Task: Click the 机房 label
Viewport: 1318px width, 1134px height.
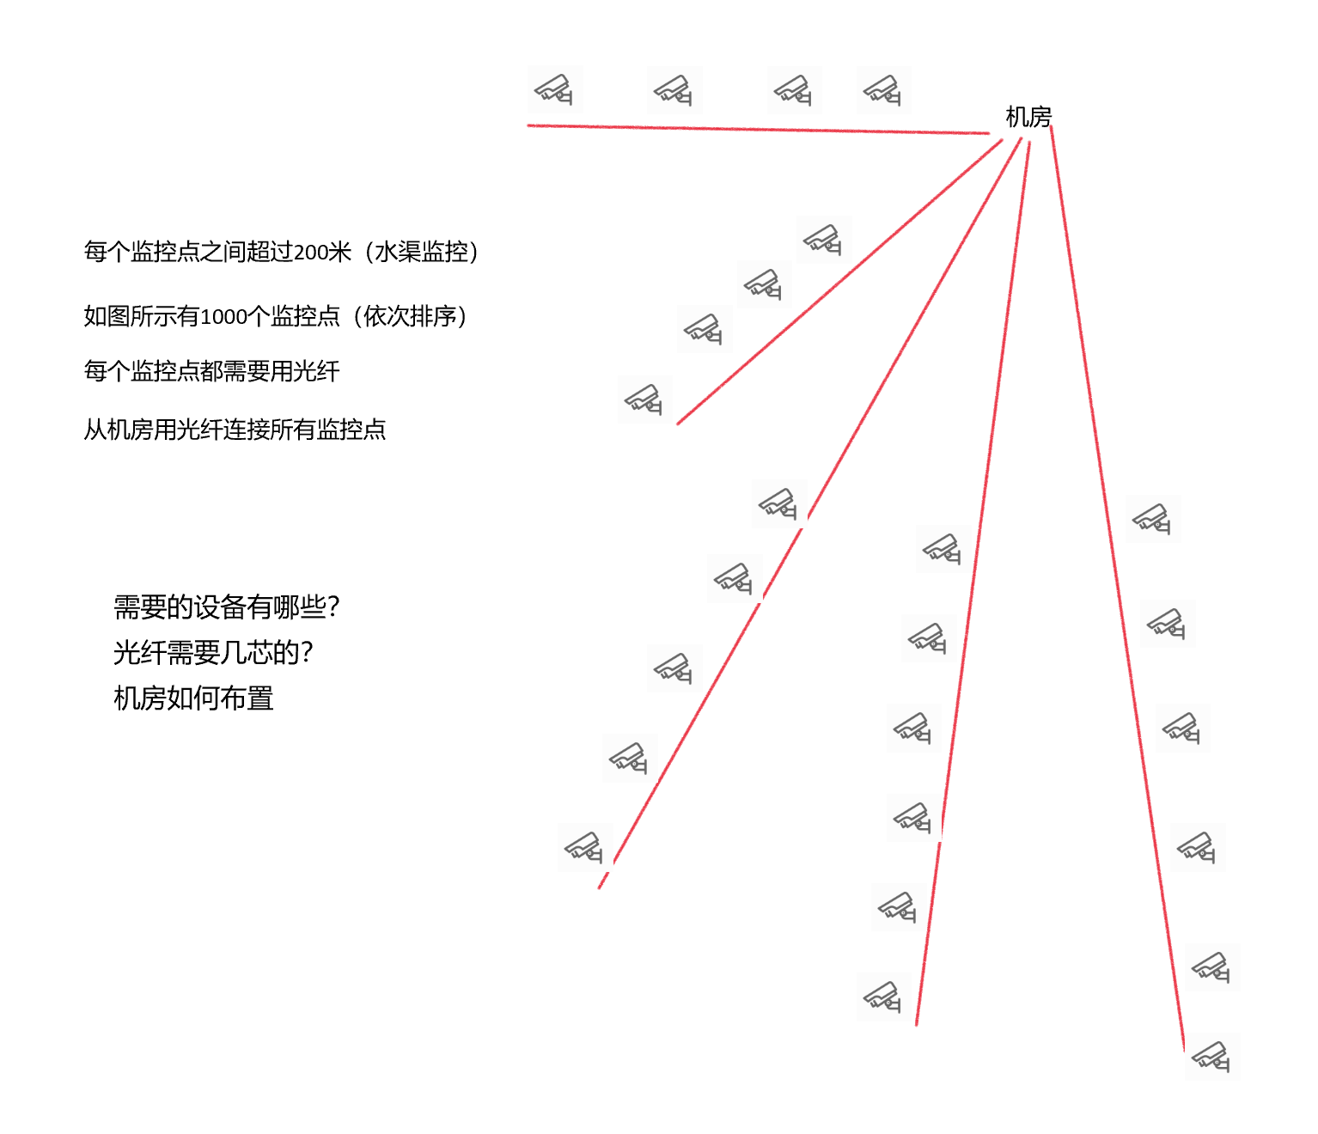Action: (1028, 117)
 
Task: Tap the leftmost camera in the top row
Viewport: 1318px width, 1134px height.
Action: (555, 89)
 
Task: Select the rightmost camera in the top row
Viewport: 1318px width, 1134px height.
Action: (883, 89)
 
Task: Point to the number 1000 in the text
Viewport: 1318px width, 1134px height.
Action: (223, 317)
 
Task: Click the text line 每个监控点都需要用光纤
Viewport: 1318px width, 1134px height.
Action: (211, 371)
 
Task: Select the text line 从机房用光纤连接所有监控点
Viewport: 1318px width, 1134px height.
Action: (235, 429)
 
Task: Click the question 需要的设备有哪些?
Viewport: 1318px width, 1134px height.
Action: (227, 607)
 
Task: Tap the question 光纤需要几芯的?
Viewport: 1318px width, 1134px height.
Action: (213, 653)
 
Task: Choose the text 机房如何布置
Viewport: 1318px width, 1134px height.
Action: (193, 698)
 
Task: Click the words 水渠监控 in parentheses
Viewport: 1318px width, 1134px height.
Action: (421, 253)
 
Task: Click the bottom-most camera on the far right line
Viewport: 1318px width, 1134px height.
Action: (1211, 1057)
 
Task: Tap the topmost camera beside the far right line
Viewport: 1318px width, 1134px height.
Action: (1153, 519)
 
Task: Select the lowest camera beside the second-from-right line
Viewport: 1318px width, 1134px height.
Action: (883, 997)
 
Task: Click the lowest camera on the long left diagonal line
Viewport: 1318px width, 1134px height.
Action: (584, 847)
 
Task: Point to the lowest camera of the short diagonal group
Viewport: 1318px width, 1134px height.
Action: (644, 399)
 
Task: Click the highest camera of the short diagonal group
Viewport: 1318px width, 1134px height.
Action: (823, 239)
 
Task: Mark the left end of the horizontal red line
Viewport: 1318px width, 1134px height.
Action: (529, 125)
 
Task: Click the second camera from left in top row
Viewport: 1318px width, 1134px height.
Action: (674, 89)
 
